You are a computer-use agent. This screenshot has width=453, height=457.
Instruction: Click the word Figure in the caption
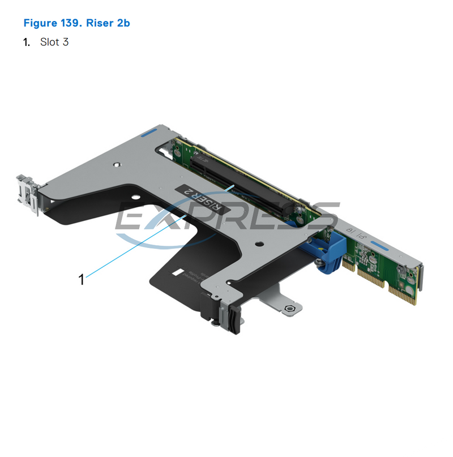point(40,23)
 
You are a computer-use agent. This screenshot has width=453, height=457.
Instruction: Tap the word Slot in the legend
point(49,42)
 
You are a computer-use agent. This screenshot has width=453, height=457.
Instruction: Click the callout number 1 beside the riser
point(82,279)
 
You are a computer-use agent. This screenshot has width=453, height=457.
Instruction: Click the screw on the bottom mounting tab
point(290,309)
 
